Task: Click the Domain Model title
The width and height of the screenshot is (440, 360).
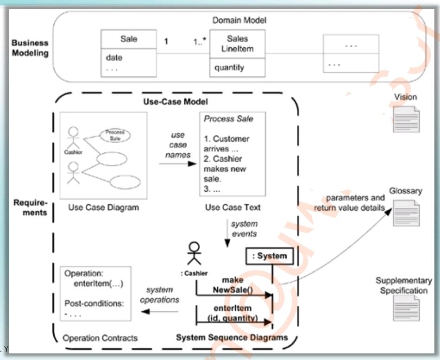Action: tap(239, 20)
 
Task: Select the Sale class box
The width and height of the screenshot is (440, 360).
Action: tap(129, 53)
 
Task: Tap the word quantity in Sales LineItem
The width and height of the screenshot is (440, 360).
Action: tap(229, 68)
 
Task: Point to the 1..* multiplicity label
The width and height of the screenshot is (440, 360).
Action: tap(201, 42)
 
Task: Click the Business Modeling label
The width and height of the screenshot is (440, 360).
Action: tap(30, 48)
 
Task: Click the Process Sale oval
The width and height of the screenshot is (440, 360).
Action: tap(115, 135)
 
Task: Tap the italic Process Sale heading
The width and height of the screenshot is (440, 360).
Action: tap(229, 119)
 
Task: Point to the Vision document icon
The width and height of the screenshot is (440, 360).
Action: tap(406, 119)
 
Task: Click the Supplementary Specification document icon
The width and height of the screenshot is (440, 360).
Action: tap(406, 308)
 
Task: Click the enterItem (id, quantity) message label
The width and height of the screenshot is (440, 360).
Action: tap(233, 314)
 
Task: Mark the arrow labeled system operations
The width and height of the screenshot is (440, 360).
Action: tap(160, 311)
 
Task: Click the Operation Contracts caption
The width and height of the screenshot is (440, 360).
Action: tap(100, 338)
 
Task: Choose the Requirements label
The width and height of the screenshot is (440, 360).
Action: tap(31, 208)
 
